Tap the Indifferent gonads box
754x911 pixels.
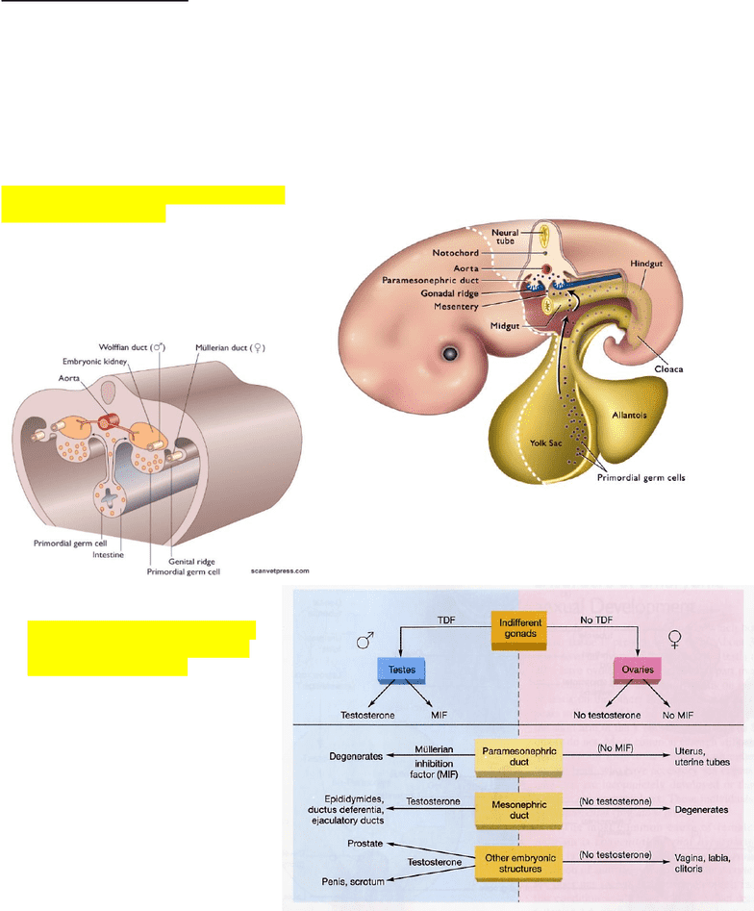point(518,629)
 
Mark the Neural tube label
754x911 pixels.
point(505,237)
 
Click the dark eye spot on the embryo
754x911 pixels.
point(448,355)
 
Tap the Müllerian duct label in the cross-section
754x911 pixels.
point(230,347)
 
